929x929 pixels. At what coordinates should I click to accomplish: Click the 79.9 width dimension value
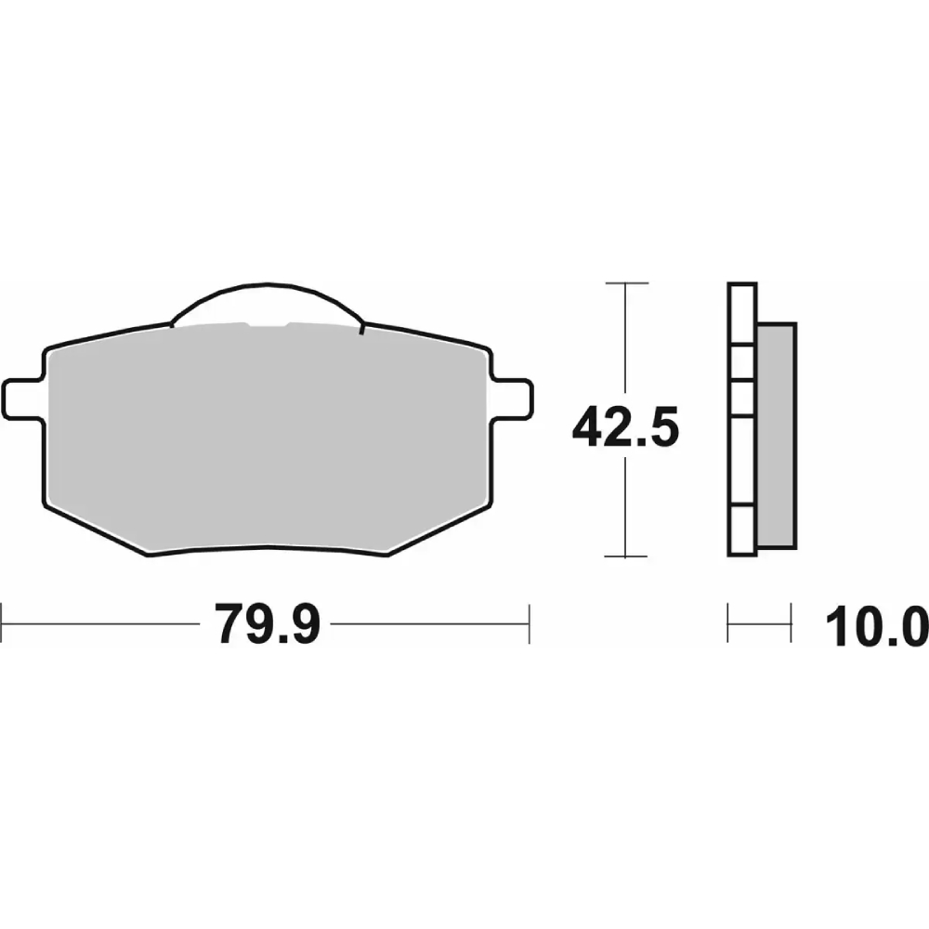268,624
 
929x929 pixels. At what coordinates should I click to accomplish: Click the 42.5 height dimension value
625,426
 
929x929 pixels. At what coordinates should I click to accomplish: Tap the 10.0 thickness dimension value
877,626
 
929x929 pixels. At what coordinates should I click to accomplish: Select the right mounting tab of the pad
511,399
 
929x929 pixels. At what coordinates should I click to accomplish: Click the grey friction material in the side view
776,436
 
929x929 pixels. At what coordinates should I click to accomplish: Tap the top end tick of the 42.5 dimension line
627,283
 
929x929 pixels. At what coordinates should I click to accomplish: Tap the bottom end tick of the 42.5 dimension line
625,556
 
